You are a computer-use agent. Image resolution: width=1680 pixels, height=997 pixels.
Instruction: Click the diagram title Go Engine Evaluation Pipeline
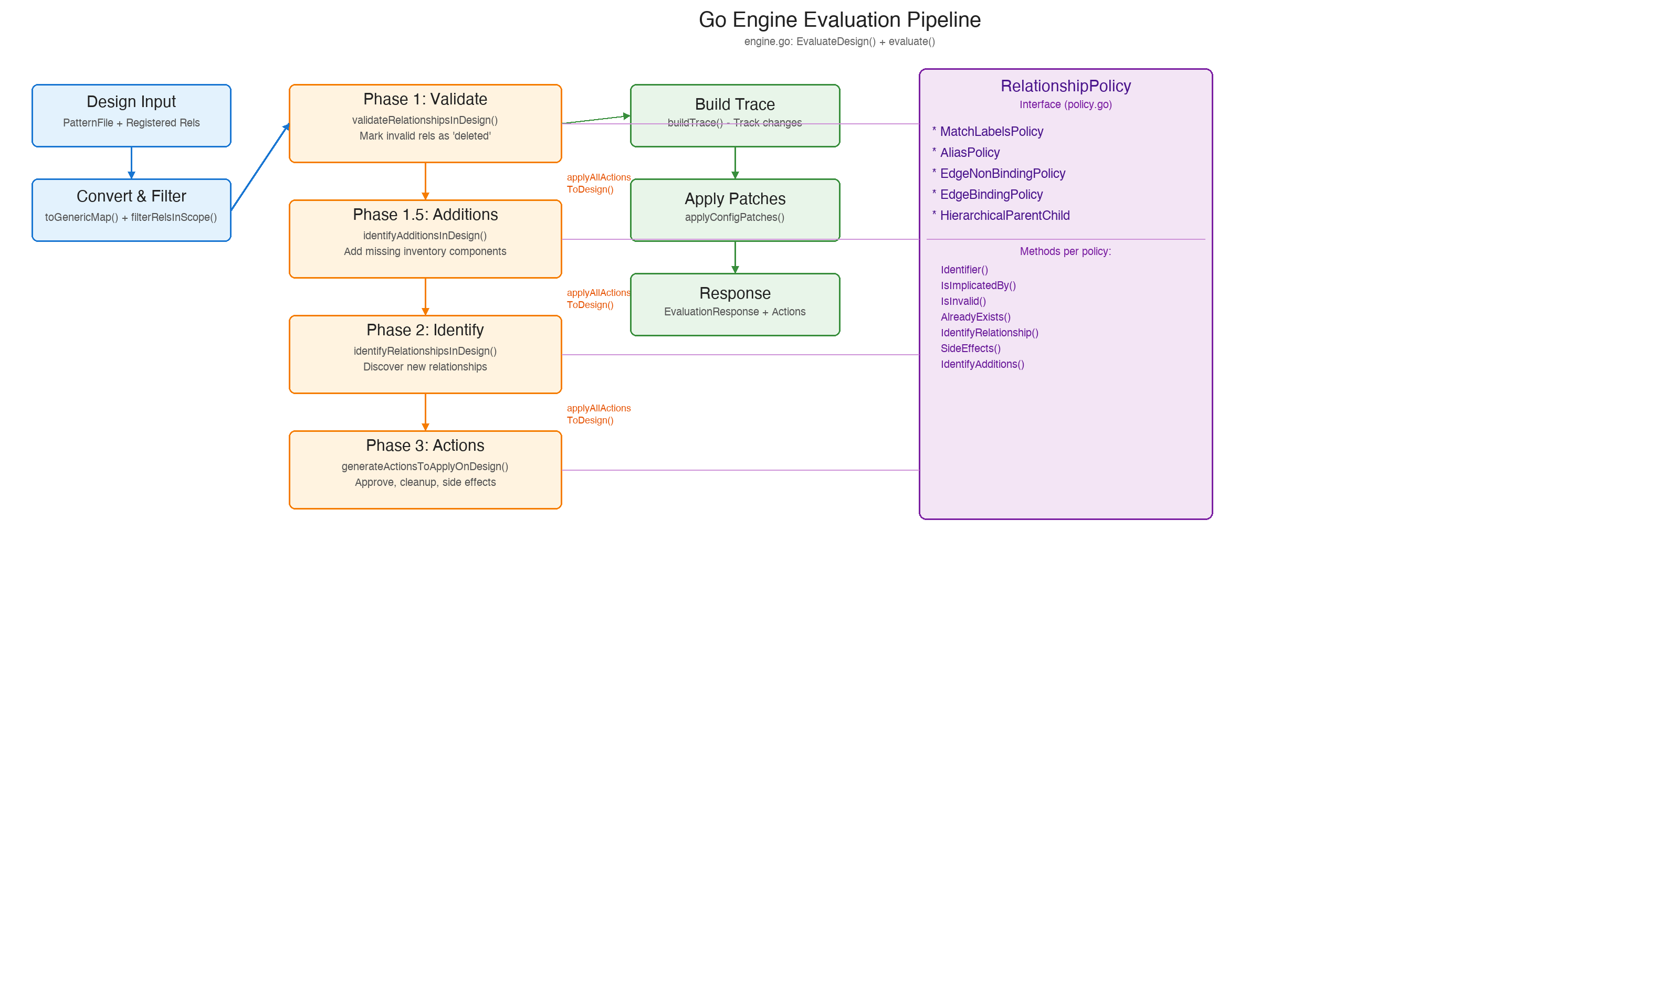click(839, 20)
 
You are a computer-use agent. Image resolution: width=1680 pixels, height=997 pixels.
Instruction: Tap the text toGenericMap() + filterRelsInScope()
click(131, 218)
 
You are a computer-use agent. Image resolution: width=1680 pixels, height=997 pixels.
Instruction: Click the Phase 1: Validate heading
click(425, 99)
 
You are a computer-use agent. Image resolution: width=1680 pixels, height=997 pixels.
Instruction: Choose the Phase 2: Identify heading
click(425, 331)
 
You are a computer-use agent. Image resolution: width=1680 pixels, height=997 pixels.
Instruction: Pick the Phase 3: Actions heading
click(425, 446)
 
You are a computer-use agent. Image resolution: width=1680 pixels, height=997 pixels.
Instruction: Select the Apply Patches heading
click(734, 199)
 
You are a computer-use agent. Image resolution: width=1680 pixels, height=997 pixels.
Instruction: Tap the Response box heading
click(734, 294)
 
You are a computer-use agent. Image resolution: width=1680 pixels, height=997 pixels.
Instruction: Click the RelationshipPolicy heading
click(1065, 86)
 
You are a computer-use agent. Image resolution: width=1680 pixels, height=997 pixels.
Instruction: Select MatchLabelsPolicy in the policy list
click(991, 132)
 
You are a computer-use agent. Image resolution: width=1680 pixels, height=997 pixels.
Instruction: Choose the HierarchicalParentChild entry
click(1004, 216)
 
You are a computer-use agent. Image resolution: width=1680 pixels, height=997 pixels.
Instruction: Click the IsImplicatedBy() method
click(978, 285)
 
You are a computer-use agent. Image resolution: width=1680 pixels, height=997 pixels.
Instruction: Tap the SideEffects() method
click(970, 348)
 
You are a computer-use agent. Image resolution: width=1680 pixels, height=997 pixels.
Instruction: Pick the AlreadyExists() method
click(975, 317)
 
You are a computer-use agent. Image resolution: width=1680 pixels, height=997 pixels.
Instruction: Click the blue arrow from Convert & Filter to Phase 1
click(260, 167)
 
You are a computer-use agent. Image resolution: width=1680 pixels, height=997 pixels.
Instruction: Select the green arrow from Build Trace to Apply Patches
click(734, 163)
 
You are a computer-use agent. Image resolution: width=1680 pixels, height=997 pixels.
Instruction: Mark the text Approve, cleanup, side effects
click(425, 482)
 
